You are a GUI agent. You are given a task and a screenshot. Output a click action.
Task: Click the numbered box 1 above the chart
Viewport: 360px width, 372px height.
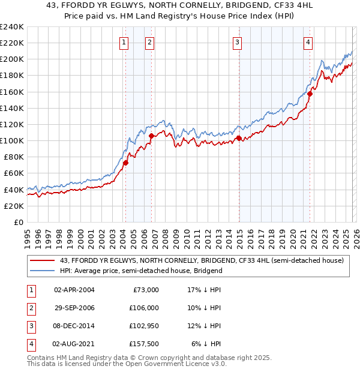click(123, 42)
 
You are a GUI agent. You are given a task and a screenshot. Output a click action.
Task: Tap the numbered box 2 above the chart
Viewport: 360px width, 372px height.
click(149, 42)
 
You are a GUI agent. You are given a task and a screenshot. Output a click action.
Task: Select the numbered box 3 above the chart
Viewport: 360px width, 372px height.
click(237, 42)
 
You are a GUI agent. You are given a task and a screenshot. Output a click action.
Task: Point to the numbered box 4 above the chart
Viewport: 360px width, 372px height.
click(307, 42)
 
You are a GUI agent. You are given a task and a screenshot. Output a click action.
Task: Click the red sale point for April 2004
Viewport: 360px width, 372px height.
click(125, 163)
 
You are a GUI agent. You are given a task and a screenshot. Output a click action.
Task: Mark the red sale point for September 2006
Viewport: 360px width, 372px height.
click(151, 136)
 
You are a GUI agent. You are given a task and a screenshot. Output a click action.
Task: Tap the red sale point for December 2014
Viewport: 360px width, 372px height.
click(239, 138)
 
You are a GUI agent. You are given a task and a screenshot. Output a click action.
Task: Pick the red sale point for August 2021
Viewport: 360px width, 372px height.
click(310, 94)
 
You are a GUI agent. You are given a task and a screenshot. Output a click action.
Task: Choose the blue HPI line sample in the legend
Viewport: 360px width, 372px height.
click(42, 271)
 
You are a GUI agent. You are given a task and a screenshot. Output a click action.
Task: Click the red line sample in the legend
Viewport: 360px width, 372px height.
click(42, 260)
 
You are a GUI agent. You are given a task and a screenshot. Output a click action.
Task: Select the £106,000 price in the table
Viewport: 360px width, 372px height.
click(144, 307)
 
